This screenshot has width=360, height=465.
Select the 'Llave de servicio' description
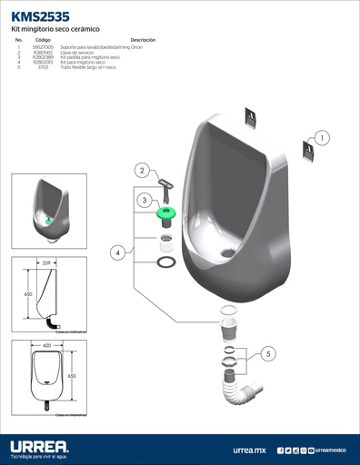coord(75,53)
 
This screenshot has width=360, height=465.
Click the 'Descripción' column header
coord(143,41)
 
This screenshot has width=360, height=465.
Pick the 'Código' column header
coord(43,41)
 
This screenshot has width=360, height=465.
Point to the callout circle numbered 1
coord(324,138)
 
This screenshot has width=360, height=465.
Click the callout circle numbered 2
coord(142,170)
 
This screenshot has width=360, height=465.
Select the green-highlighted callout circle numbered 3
coord(144,200)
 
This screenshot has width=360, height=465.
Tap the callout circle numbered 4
coord(118,252)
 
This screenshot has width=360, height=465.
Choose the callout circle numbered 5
coord(268,353)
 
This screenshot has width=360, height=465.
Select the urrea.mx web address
coord(249,450)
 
